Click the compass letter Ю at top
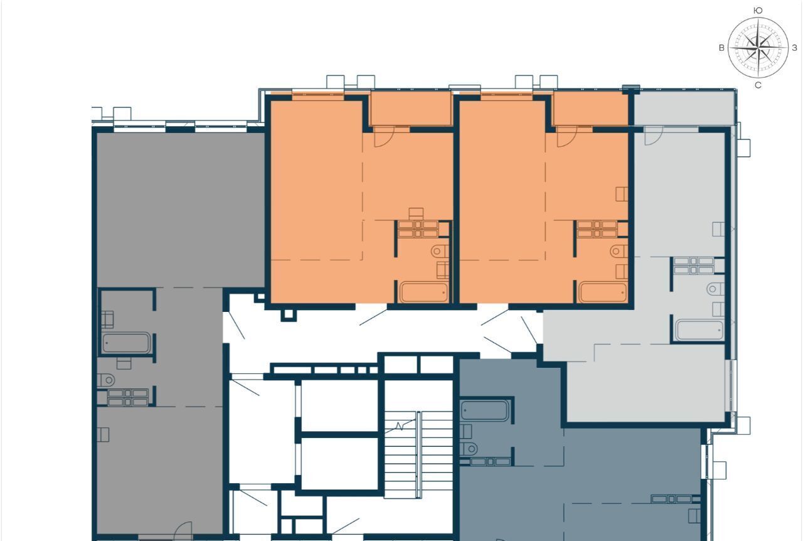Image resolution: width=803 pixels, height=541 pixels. pyautogui.click(x=758, y=11)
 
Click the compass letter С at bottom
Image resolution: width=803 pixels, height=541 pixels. pyautogui.click(x=758, y=85)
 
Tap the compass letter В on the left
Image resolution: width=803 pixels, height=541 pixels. pyautogui.click(x=721, y=48)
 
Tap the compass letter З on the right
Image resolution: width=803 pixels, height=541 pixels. pyautogui.click(x=794, y=48)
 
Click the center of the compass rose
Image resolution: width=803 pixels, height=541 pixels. pyautogui.click(x=758, y=48)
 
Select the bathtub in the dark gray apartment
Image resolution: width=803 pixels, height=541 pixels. pyautogui.click(x=126, y=343)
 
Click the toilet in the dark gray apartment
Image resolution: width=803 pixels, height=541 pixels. pyautogui.click(x=106, y=380)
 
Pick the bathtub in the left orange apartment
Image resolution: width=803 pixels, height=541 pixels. pyautogui.click(x=423, y=292)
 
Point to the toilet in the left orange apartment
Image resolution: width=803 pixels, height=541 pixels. pyautogui.click(x=440, y=251)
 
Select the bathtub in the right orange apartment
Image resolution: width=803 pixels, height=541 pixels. pyautogui.click(x=603, y=292)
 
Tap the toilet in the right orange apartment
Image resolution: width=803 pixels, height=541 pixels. pyautogui.click(x=619, y=251)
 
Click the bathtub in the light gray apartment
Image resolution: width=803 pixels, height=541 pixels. pyautogui.click(x=699, y=330)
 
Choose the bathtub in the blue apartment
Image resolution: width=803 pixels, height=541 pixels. pyautogui.click(x=485, y=410)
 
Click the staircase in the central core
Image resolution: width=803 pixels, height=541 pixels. pyautogui.click(x=418, y=454)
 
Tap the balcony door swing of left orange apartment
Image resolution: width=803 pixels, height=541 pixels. pyautogui.click(x=384, y=137)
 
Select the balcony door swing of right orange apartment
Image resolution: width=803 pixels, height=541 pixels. pyautogui.click(x=566, y=137)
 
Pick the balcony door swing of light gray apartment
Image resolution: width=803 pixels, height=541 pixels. pyautogui.click(x=654, y=136)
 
